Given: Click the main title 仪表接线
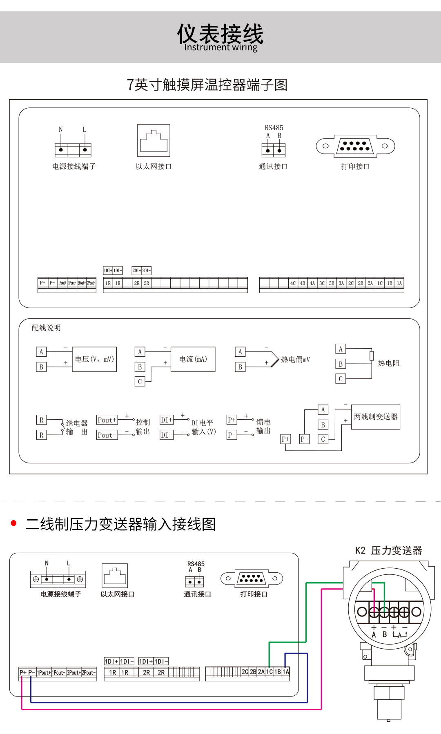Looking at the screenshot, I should click(x=220, y=33).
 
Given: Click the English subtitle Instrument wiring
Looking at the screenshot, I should click(x=220, y=47).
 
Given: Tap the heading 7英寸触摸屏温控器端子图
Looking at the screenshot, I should click(x=207, y=85).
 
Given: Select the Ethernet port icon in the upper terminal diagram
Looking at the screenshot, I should click(x=154, y=140).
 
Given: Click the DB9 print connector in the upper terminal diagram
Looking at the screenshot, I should click(x=355, y=146).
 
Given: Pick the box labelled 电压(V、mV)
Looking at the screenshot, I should click(x=94, y=359).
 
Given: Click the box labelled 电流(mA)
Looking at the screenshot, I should click(x=193, y=359).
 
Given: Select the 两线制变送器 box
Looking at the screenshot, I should click(x=375, y=417).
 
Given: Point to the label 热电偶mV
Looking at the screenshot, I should click(x=295, y=360).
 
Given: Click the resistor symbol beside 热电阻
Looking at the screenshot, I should click(x=372, y=356).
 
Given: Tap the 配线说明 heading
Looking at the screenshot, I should click(x=46, y=328).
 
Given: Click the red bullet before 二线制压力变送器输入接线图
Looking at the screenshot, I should click(x=14, y=523).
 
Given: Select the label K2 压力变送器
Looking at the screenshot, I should click(x=388, y=551).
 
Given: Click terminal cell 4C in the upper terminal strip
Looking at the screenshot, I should click(x=293, y=283).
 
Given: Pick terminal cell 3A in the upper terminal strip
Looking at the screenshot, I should click(x=341, y=283).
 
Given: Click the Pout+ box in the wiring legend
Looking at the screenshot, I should click(x=107, y=420).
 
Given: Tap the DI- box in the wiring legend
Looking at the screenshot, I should click(x=166, y=435).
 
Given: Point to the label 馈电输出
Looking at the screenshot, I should click(x=263, y=426).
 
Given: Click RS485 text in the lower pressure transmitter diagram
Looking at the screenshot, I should click(x=196, y=564).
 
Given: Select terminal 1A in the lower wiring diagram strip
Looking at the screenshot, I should click(x=286, y=672).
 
